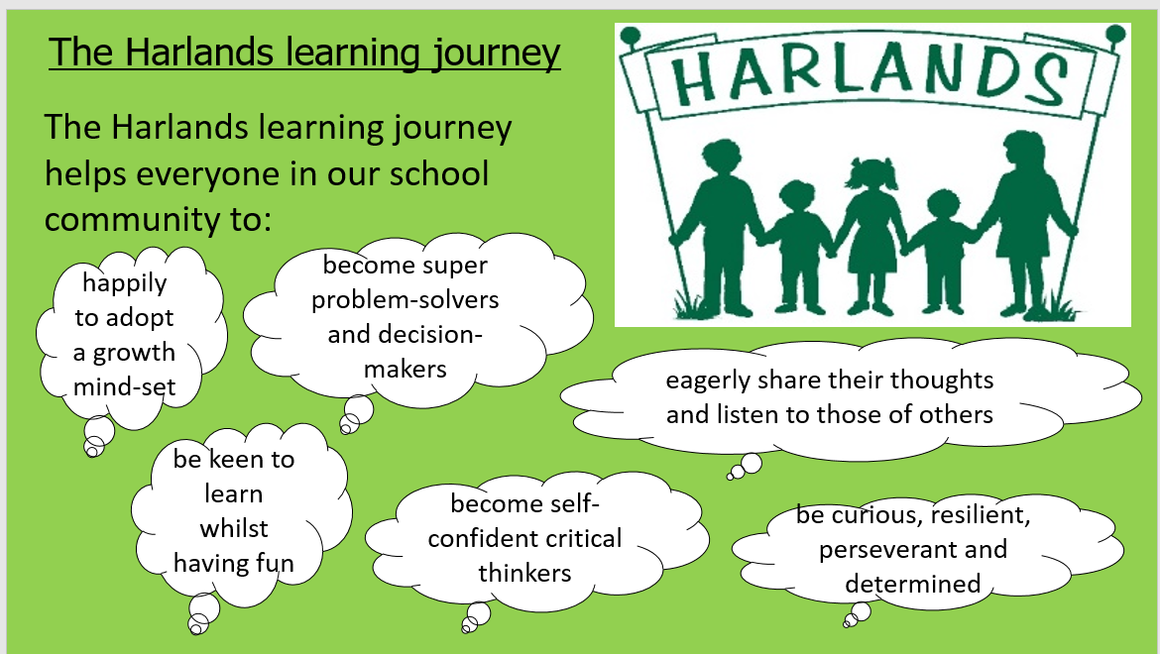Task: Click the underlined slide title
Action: (x=304, y=54)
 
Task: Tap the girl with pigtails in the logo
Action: (x=870, y=236)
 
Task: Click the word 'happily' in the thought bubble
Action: (x=124, y=283)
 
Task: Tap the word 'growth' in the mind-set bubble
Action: (x=134, y=353)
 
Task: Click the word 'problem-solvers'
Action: (x=405, y=300)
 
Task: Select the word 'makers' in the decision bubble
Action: (x=406, y=369)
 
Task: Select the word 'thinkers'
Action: (x=524, y=573)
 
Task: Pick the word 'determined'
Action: (x=913, y=584)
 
